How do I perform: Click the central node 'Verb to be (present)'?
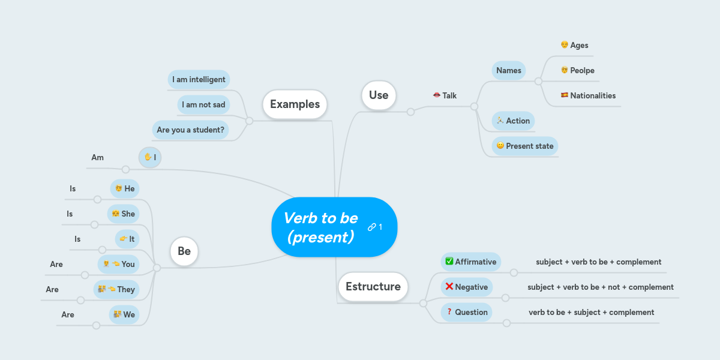coord(321,227)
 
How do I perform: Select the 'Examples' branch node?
coord(295,104)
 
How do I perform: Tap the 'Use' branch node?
coord(379,95)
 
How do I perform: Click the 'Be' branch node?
coord(184,251)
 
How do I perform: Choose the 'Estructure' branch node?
coord(373,286)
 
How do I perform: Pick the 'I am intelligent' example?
coord(199,79)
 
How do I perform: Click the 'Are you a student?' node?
coord(190,130)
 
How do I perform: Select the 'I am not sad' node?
coord(203,104)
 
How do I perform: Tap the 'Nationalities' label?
coord(593,95)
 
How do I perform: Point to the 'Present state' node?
coord(525,146)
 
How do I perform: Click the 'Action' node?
coord(513,121)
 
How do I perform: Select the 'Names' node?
coord(509,70)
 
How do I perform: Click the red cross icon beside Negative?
coord(449,286)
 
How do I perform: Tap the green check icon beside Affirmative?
coord(449,261)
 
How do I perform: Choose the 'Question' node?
coord(467,312)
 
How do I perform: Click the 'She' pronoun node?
coord(123,214)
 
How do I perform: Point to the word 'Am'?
coord(97,157)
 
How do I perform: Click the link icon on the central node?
coord(371,227)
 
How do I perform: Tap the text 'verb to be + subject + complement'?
coord(591,312)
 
